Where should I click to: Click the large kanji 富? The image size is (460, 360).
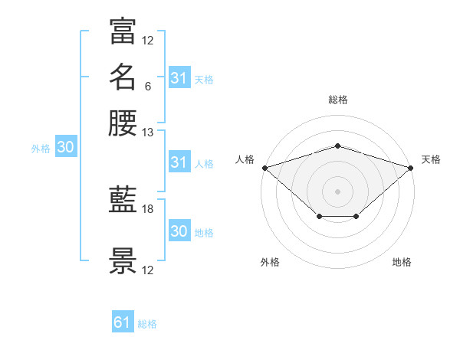coord(123,31)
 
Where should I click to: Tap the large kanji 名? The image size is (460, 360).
coord(123,77)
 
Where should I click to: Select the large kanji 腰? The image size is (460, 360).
coord(123,123)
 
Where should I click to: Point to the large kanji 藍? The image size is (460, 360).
coord(123,199)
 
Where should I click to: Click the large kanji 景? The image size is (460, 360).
coord(123,260)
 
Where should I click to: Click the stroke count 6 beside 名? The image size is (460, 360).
coord(148,87)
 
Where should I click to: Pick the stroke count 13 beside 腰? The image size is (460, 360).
coord(147,133)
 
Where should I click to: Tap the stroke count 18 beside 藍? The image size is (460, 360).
coord(147,209)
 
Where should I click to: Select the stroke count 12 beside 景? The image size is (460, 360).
coord(147,270)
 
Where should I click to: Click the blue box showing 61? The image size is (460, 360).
coord(123,321)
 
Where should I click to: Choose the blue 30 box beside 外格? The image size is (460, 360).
coord(66,146)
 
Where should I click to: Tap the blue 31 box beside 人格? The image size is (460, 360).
coord(180,162)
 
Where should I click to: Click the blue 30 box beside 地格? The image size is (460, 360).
coord(180,230)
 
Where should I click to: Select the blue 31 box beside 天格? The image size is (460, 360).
coord(180,77)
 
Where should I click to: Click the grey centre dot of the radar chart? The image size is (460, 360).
coord(337,191)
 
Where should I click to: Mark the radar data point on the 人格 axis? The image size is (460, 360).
coord(265,168)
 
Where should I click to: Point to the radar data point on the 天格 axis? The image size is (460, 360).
coord(411,168)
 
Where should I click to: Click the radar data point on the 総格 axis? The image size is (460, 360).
coord(338,146)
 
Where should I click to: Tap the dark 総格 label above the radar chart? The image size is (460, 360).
coord(338,100)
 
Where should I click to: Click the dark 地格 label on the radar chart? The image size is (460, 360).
coord(402,262)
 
